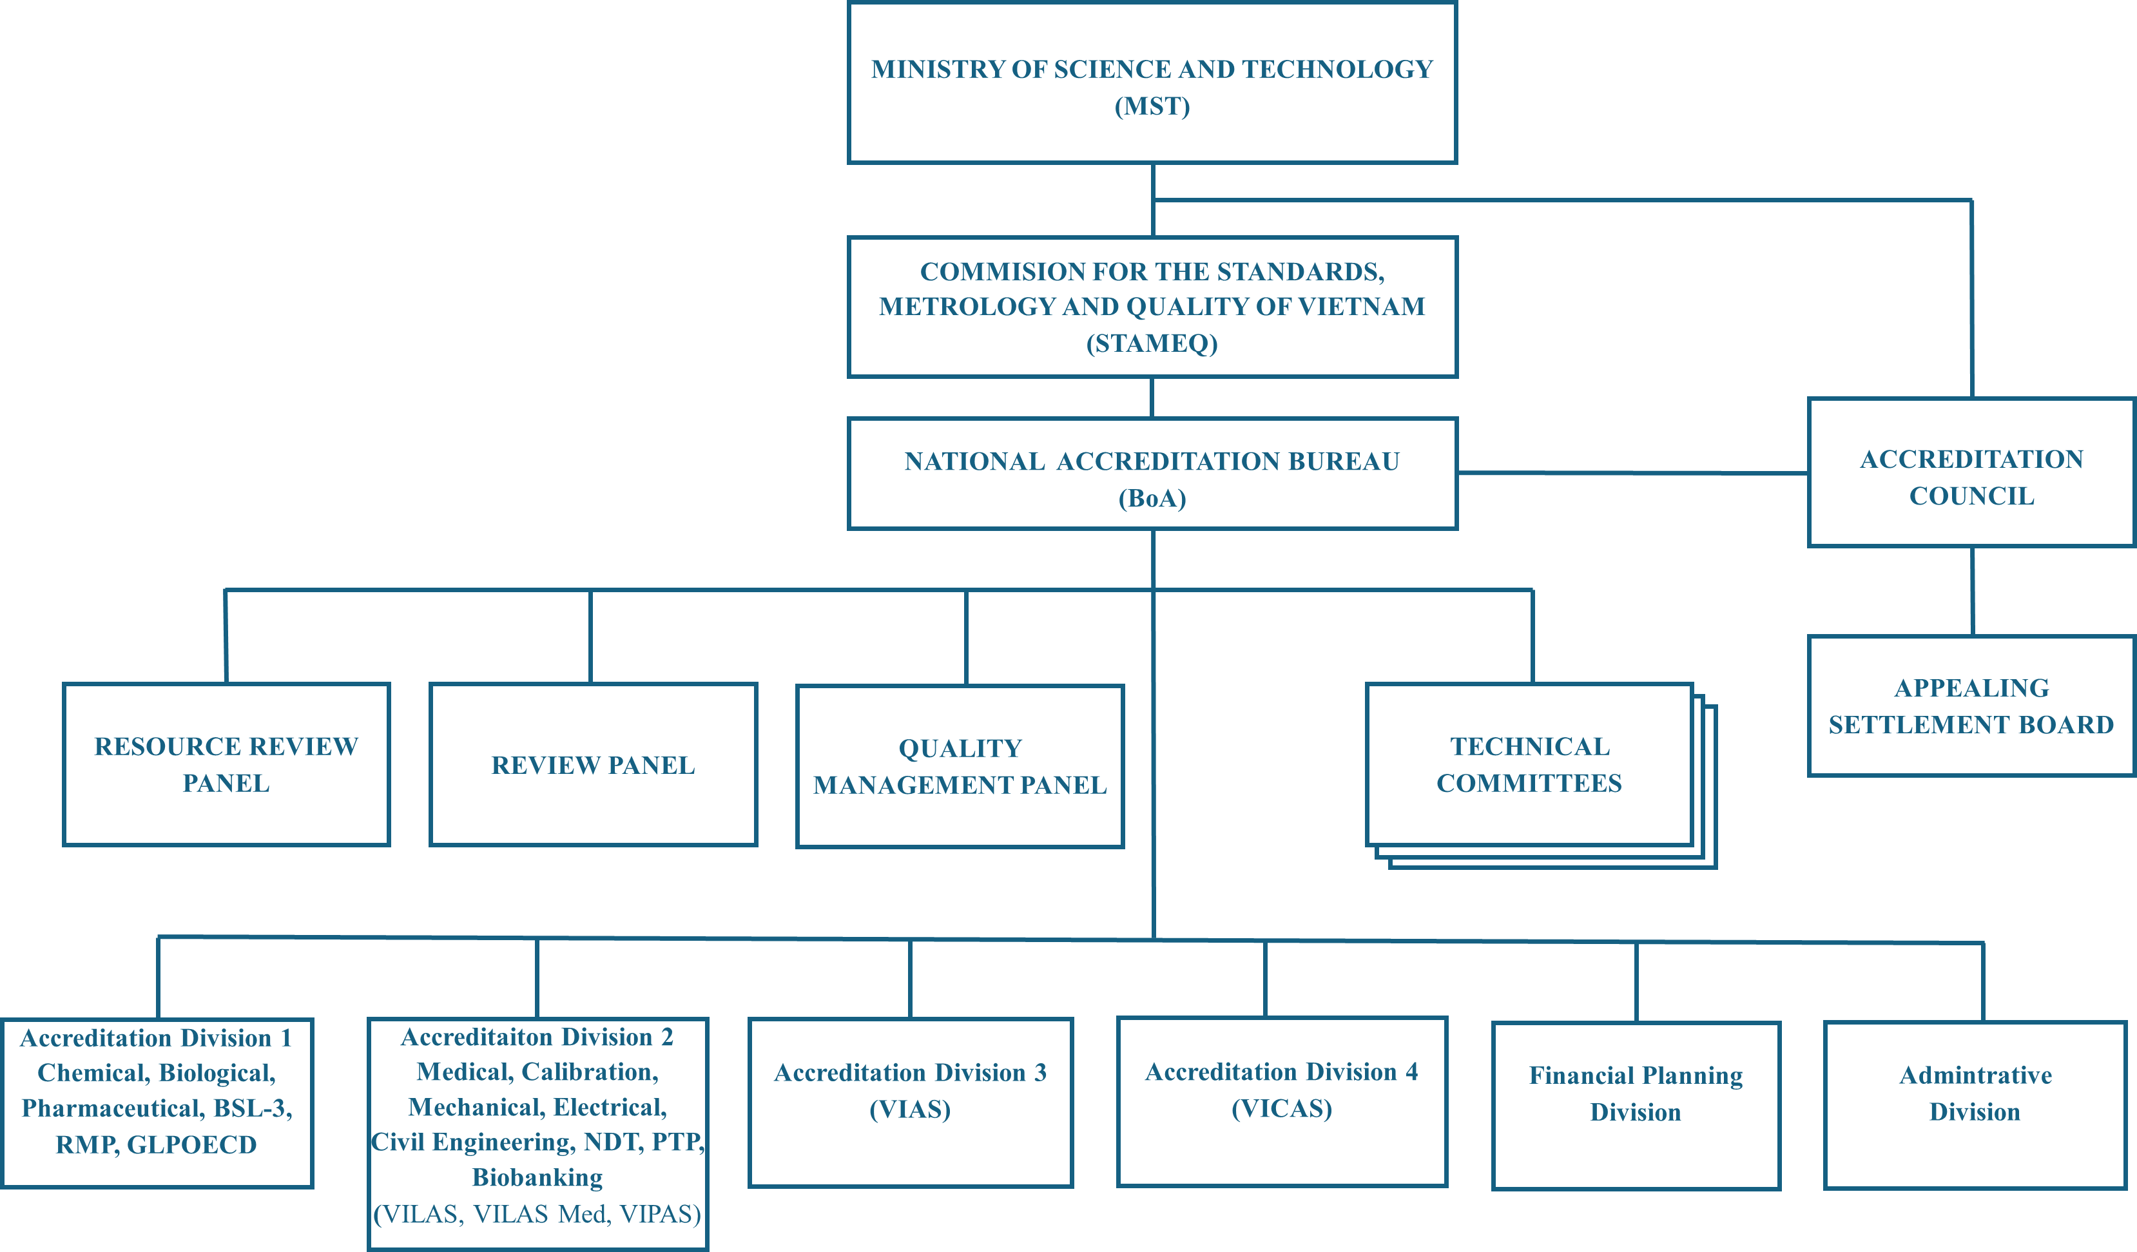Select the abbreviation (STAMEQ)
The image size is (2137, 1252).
[x=1152, y=343]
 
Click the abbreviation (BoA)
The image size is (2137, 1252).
[x=1152, y=499]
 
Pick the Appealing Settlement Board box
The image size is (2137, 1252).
[x=1971, y=706]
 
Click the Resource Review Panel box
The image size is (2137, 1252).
[x=226, y=765]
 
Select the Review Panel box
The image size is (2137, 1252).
[x=593, y=766]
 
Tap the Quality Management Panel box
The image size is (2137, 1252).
[x=960, y=766]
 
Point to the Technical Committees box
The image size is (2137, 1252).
[x=1529, y=765]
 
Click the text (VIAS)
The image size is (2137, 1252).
[x=910, y=1110]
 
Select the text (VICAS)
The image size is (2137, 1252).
[x=1281, y=1109]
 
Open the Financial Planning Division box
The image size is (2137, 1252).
[x=1635, y=1093]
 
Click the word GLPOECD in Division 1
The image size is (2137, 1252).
[x=191, y=1145]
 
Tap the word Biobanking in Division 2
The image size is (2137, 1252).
[x=537, y=1177]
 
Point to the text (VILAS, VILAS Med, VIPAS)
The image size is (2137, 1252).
[x=537, y=1215]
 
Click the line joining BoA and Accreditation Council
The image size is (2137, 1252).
[x=1632, y=473]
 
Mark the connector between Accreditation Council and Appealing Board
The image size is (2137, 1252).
[x=1973, y=591]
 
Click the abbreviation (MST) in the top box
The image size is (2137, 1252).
[x=1152, y=107]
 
